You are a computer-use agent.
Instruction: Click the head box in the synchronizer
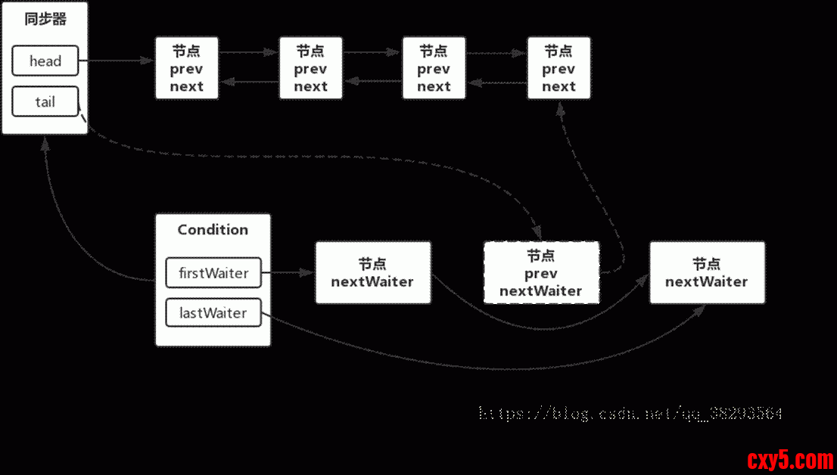[x=45, y=61]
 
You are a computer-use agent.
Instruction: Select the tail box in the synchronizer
[x=45, y=101]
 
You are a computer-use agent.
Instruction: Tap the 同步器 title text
[x=45, y=20]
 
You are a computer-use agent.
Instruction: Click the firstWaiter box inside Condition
[x=213, y=273]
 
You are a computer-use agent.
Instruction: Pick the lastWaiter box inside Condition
[x=213, y=312]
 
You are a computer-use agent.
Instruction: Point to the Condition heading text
[x=213, y=230]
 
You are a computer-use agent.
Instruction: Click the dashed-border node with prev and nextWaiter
[x=541, y=273]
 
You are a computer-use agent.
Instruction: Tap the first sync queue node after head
[x=186, y=68]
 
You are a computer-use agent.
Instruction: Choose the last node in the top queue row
[x=559, y=68]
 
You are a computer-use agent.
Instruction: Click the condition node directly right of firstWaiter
[x=372, y=273]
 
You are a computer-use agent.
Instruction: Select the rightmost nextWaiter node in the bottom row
[x=707, y=273]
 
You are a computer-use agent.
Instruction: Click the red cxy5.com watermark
[x=789, y=459]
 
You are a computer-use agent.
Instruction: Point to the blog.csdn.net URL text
[x=630, y=414]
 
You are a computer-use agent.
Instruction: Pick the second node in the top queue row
[x=310, y=68]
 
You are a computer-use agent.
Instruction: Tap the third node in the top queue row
[x=434, y=68]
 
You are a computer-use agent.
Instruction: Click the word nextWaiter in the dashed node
[x=541, y=290]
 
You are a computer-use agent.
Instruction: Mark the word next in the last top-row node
[x=559, y=86]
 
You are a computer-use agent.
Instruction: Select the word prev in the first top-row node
[x=186, y=69]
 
